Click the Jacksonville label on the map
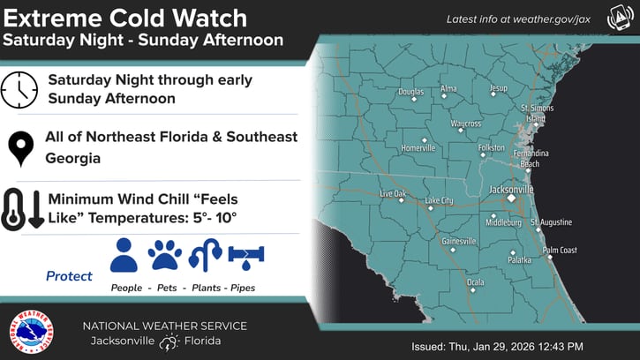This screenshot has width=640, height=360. coord(512,189)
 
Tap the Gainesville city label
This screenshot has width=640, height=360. coord(458,240)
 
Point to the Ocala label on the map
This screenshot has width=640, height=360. coord(475,282)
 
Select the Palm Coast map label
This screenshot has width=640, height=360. coord(559,251)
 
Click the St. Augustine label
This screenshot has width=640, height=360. coord(551,221)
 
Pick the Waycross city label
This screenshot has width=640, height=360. coord(465,124)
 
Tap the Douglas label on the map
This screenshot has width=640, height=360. coord(410,91)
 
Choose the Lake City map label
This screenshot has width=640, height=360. coord(439,200)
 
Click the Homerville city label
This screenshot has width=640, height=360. coord(418,147)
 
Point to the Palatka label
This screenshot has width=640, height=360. coord(520,260)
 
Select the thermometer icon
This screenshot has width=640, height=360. coord(12,209)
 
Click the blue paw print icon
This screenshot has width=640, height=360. coord(165,255)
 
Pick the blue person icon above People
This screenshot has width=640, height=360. coord(124,255)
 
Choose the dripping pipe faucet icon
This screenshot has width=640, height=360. coord(246,256)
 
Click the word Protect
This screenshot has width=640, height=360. coord(69,276)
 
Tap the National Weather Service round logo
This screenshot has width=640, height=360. coord(30,332)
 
